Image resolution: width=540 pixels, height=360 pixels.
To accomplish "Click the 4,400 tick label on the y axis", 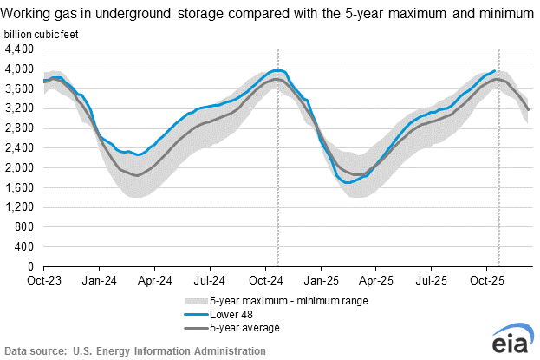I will (x=21, y=49).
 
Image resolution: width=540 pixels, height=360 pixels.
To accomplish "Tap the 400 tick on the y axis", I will (x=26, y=246).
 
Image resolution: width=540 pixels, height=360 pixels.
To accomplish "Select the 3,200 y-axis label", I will (x=21, y=108).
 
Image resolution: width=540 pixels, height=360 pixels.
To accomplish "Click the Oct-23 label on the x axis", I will (x=43, y=281).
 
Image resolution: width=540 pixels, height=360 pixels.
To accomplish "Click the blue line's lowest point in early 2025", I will (x=348, y=182).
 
